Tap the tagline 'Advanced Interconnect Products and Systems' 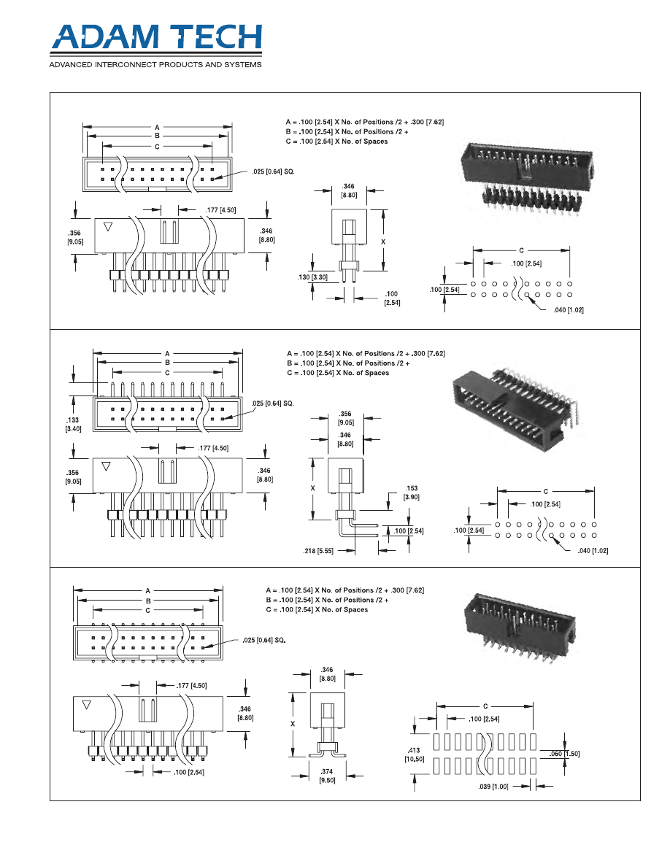155,66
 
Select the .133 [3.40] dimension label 73,425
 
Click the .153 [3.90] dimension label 412,492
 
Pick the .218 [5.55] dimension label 319,551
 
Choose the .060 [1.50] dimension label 566,754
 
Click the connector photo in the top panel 528,176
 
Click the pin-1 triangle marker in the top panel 108,226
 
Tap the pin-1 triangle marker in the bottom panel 87,705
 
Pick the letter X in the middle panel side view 313,487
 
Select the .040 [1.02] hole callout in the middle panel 591,551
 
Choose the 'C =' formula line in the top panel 336,141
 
